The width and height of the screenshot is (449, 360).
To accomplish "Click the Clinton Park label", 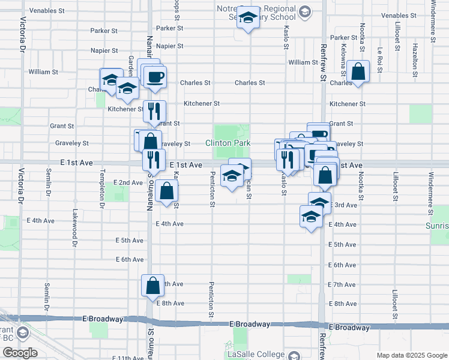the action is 228,143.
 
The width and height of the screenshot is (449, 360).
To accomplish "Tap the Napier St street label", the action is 170,46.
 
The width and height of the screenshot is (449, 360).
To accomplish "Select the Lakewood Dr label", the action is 75,228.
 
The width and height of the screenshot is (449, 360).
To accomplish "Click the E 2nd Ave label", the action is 130,182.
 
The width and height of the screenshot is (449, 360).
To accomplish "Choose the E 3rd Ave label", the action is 345,205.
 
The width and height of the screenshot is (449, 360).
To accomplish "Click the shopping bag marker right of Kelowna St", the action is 358,72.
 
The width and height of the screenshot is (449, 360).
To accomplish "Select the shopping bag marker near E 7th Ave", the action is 152,285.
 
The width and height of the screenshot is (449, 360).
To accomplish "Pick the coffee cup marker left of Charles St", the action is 155,77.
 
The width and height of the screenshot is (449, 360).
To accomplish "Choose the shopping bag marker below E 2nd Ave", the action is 166,191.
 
